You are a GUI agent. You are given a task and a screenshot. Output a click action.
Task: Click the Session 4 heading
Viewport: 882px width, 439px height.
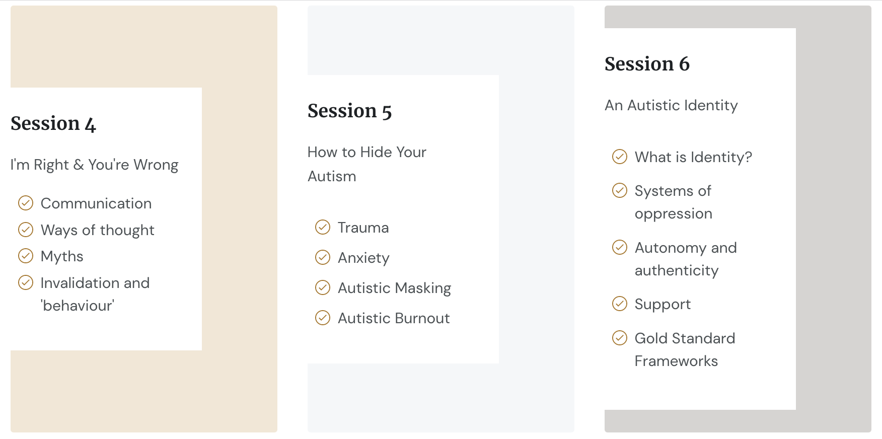[x=53, y=123]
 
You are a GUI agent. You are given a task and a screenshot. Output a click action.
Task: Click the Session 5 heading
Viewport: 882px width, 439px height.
[x=350, y=111]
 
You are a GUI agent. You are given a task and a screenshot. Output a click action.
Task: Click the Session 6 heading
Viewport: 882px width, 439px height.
[x=647, y=64]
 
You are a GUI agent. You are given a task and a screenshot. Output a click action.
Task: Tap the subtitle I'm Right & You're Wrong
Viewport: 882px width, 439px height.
[x=95, y=165]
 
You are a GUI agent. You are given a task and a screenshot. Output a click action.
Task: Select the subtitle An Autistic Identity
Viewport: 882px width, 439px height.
[x=671, y=105]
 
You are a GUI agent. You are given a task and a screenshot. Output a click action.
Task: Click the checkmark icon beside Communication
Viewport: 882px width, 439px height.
[x=26, y=203]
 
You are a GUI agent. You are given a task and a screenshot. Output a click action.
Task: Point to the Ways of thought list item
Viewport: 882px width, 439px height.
[x=98, y=230]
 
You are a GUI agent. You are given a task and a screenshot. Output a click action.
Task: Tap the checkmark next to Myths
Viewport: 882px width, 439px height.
[x=26, y=256]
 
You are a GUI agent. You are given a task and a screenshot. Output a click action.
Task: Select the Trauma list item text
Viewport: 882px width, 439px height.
[x=363, y=228]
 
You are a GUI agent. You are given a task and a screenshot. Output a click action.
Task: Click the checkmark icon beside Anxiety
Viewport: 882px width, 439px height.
[x=323, y=257]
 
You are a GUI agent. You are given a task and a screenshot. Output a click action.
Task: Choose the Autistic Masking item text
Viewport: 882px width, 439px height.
[x=395, y=288]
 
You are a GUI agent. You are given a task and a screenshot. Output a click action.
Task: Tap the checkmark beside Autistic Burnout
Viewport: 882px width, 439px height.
[x=323, y=318]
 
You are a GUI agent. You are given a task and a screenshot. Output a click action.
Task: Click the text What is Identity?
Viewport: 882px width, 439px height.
[x=693, y=157]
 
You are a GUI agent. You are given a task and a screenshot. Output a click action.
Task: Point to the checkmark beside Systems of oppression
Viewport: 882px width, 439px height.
[x=620, y=190]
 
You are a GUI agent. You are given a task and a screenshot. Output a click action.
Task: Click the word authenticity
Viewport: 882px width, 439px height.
[x=677, y=271]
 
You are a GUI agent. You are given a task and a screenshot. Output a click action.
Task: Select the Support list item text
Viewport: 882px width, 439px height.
[x=663, y=305]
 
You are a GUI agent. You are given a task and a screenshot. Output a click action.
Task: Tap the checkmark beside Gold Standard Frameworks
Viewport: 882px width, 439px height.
[x=620, y=338]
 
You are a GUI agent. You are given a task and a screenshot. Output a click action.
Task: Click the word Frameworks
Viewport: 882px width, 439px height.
[x=676, y=361]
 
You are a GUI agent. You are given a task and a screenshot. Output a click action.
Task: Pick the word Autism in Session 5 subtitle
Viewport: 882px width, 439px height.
[x=332, y=176]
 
